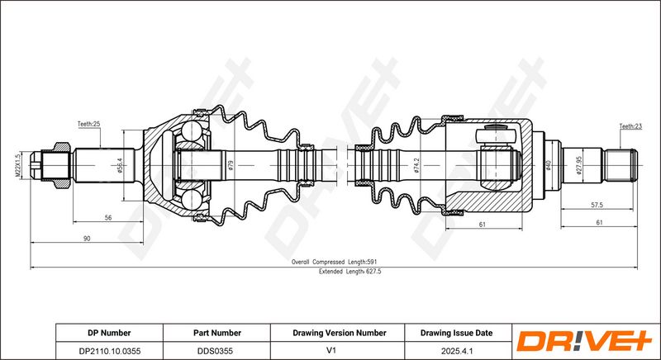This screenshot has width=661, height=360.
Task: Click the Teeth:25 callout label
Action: [88, 124]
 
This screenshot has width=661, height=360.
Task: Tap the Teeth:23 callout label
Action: [630, 126]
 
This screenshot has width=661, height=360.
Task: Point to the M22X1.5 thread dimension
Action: [17, 165]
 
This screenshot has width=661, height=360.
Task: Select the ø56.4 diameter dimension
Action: [119, 166]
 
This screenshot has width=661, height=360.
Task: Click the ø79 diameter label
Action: [231, 165]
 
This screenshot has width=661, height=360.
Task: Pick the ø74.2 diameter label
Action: [416, 165]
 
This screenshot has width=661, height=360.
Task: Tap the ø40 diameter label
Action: [549, 165]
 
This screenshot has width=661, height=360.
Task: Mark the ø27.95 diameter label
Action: [579, 165]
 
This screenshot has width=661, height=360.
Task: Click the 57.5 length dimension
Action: [597, 205]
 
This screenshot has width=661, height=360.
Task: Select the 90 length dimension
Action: [87, 239]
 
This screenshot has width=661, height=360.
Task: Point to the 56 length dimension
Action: [108, 218]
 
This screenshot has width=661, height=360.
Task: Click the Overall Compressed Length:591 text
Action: [335, 262]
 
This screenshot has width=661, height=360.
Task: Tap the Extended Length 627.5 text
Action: [350, 272]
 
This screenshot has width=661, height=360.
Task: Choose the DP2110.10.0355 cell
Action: [109, 351]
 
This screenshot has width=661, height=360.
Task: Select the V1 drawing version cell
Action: [337, 351]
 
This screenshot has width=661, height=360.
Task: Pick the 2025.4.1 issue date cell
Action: [458, 351]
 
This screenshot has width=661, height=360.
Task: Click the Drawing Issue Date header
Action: [456, 333]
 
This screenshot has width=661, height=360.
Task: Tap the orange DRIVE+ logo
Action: [584, 341]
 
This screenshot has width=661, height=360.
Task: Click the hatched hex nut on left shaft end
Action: [61, 165]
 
